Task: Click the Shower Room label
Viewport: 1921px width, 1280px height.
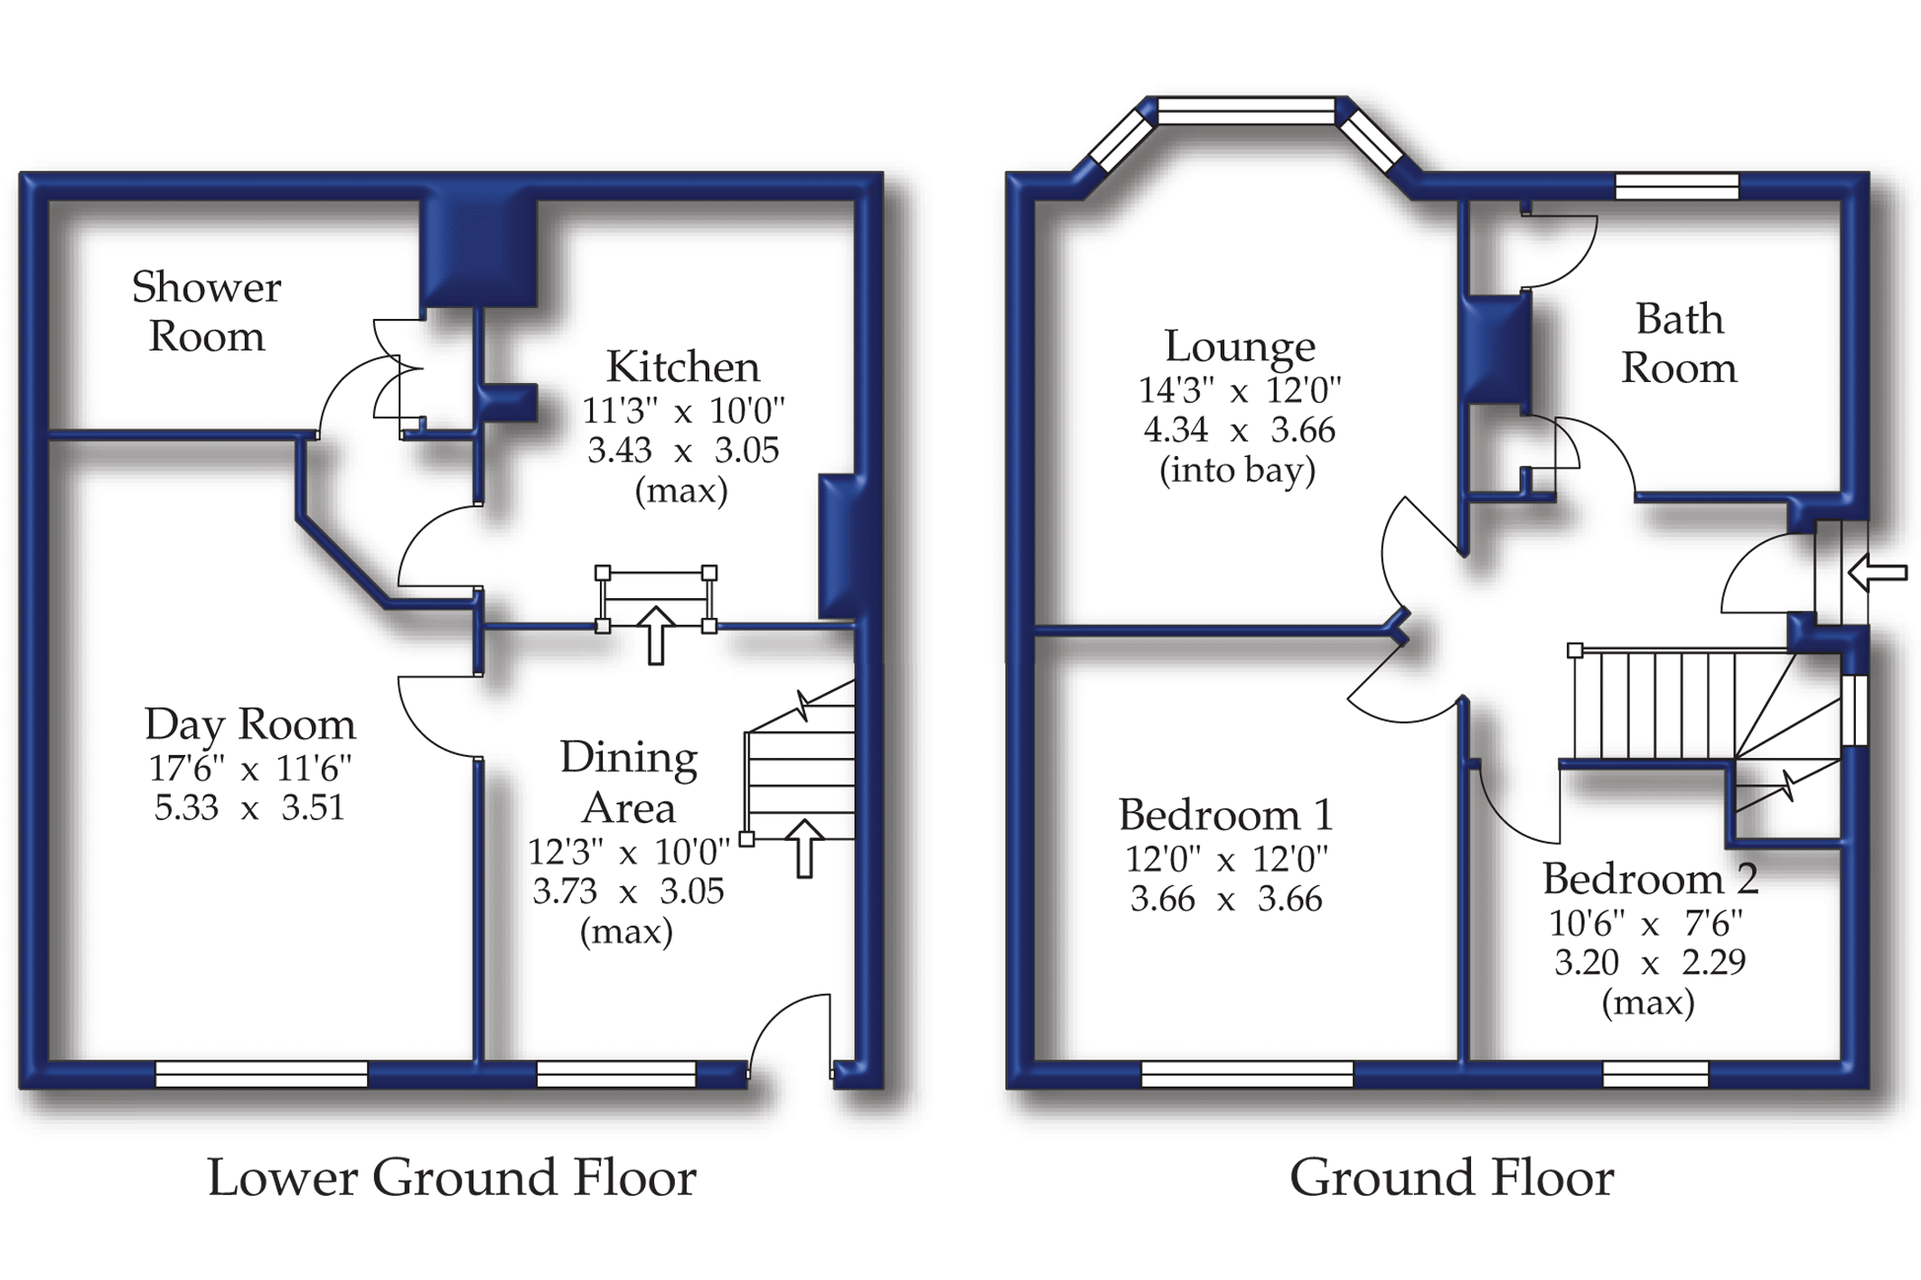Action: tap(206, 312)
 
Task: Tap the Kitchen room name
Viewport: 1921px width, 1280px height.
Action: tap(683, 367)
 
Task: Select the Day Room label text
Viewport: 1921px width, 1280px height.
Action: tap(250, 724)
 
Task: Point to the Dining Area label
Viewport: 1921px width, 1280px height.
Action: tap(629, 782)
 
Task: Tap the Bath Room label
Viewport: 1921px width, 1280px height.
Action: tap(1679, 343)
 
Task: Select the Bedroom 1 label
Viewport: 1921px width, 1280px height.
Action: tap(1225, 815)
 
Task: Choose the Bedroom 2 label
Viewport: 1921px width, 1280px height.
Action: tap(1650, 878)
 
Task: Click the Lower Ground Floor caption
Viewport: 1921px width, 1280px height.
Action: tap(452, 1178)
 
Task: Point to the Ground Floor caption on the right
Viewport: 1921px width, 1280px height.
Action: tap(1451, 1178)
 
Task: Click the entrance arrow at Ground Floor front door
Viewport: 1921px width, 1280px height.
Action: tap(1878, 572)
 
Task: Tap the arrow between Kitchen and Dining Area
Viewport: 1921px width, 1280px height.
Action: tap(656, 636)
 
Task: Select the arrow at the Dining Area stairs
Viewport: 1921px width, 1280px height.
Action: tap(804, 848)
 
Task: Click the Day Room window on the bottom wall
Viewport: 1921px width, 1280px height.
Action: tap(262, 1074)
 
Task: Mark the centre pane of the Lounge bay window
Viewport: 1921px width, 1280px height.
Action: tap(1246, 111)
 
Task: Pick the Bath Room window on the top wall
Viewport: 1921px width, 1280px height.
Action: tap(1677, 186)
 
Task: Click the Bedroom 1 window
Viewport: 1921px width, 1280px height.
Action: tap(1248, 1074)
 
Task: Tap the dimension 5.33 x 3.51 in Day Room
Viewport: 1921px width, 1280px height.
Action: tap(249, 808)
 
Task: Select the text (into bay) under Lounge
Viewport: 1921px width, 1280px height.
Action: tap(1238, 471)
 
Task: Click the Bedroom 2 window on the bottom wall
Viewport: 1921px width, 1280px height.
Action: tap(1656, 1074)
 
